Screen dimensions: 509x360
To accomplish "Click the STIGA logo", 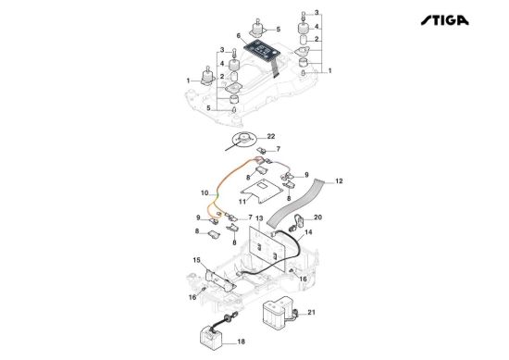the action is click(445, 20).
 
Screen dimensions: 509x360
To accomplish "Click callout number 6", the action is click(239, 35).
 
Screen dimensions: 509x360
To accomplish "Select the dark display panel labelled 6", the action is click(260, 50).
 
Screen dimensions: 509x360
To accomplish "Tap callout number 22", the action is click(271, 136).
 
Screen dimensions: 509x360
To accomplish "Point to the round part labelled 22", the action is click(243, 139).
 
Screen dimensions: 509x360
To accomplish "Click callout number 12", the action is click(339, 180).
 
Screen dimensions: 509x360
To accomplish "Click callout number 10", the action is click(205, 193).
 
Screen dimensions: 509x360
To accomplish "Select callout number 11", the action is click(242, 202).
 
